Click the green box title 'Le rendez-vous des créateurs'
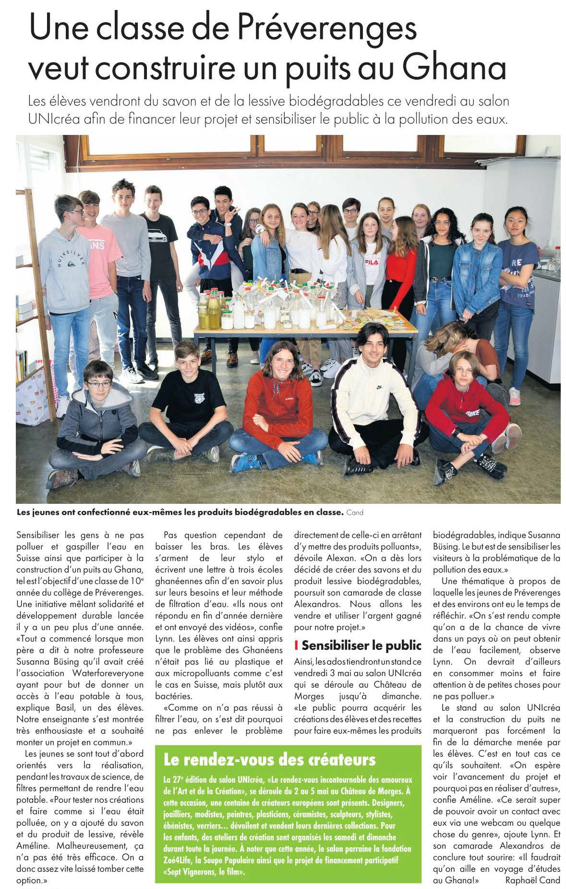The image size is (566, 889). (x=269, y=759)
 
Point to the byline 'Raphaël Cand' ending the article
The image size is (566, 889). (x=533, y=880)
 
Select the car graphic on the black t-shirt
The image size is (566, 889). (x=157, y=237)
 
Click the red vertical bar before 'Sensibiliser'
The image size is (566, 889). (x=297, y=645)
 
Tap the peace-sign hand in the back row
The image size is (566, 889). (x=234, y=211)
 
